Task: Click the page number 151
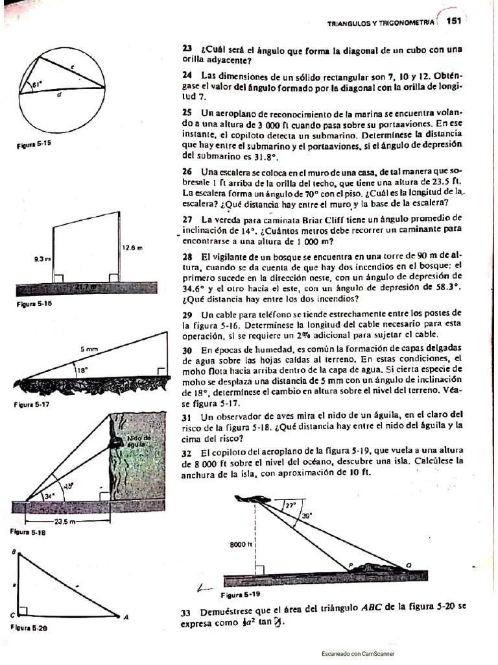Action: tap(452, 21)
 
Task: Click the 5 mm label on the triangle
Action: tap(89, 349)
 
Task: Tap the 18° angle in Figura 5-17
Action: tap(82, 371)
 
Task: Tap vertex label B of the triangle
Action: tap(14, 551)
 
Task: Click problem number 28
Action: tap(187, 257)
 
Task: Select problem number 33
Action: tap(186, 612)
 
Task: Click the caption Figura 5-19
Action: tap(240, 594)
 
